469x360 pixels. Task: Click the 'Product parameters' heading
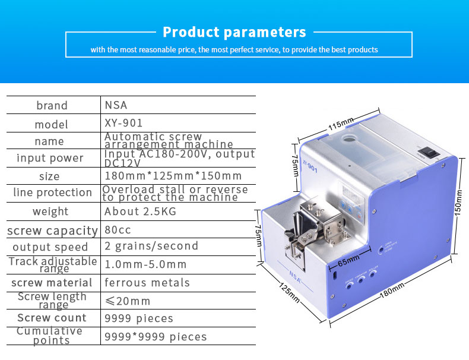pyautogui.click(x=234, y=32)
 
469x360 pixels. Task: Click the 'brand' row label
pyautogui.click(x=52, y=105)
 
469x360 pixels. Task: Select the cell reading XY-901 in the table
pyautogui.click(x=123, y=123)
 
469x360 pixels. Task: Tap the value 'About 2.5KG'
pyautogui.click(x=140, y=211)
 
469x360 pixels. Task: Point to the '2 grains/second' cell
pyautogui.click(x=151, y=246)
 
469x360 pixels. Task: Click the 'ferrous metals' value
pyautogui.click(x=147, y=283)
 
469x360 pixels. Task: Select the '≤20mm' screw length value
pyautogui.click(x=128, y=301)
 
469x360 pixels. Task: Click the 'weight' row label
pyautogui.click(x=50, y=211)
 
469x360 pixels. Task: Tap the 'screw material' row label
pyautogui.click(x=52, y=283)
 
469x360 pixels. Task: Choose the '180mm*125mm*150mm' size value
pyautogui.click(x=173, y=176)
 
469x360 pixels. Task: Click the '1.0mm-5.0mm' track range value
pyautogui.click(x=145, y=264)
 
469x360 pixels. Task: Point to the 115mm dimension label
pyautogui.click(x=341, y=124)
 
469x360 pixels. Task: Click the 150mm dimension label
pyautogui.click(x=458, y=203)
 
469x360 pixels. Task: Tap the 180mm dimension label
pyautogui.click(x=392, y=290)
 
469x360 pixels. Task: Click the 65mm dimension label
pyautogui.click(x=348, y=261)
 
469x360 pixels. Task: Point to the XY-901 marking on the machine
pyautogui.click(x=309, y=166)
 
